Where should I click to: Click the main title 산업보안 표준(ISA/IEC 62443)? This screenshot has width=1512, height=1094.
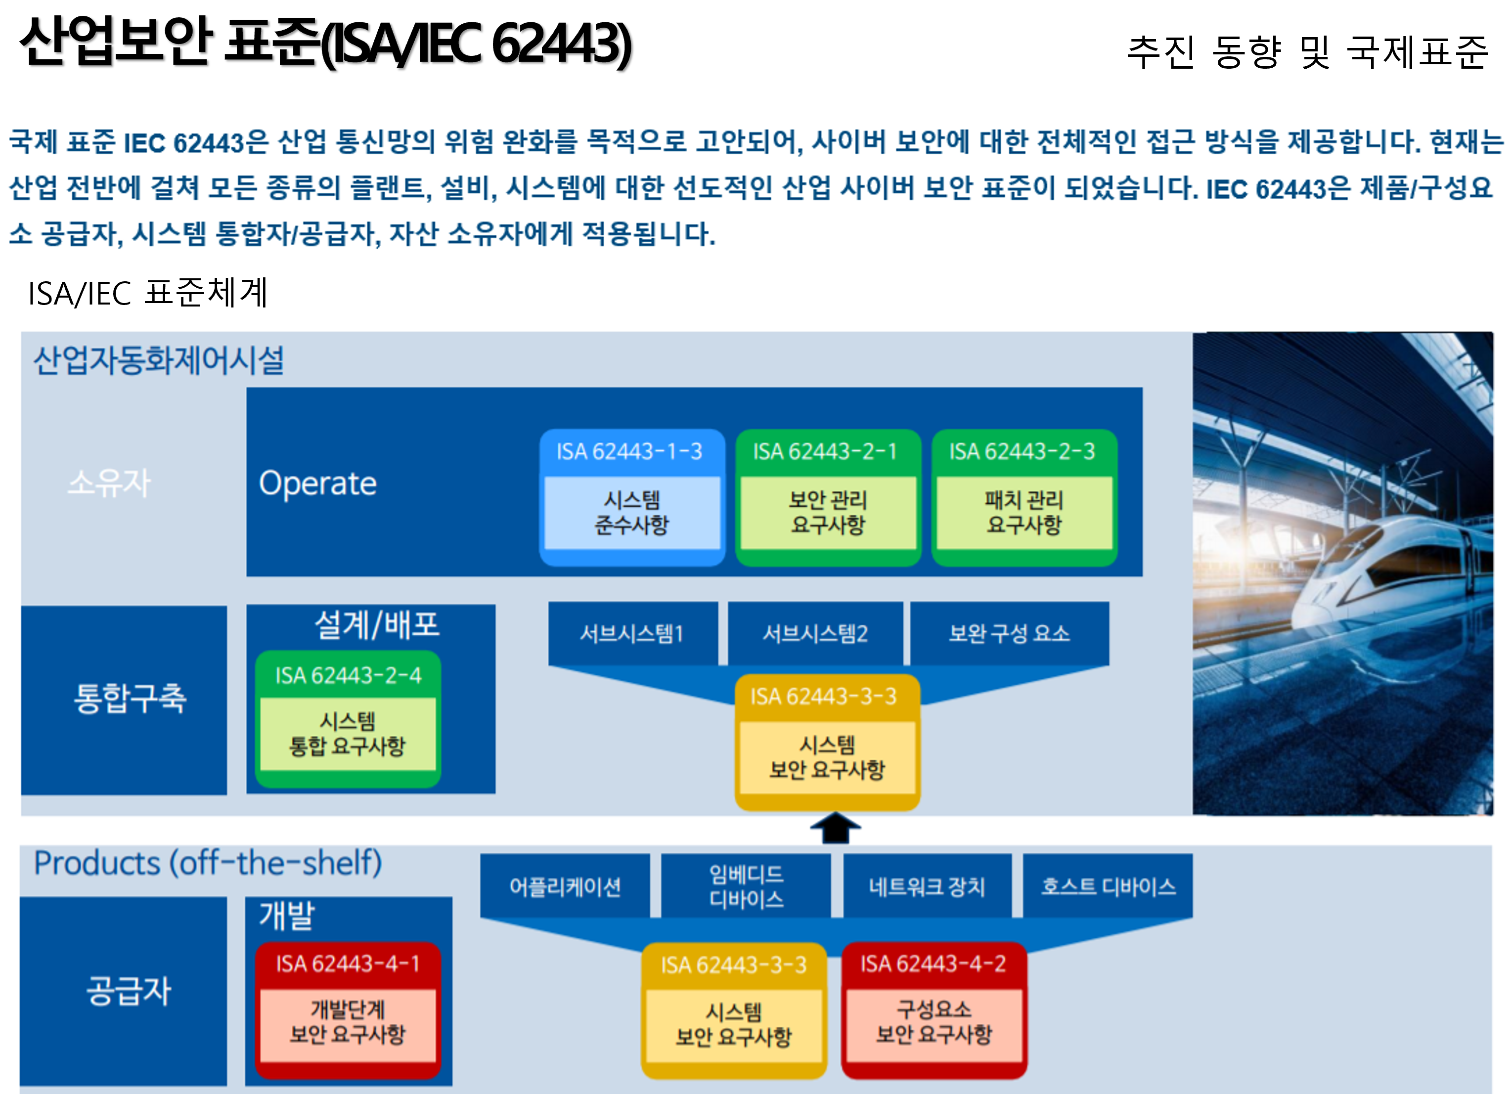(x=326, y=43)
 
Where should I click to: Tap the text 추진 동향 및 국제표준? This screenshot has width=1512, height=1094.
(x=1307, y=52)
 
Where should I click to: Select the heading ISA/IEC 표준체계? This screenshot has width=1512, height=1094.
(x=147, y=293)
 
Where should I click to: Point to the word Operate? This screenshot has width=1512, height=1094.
(x=318, y=483)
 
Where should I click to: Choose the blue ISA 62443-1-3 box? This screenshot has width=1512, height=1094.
(x=631, y=497)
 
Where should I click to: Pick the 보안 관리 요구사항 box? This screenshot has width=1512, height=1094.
(x=828, y=512)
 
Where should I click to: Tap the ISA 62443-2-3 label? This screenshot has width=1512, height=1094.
(x=1022, y=451)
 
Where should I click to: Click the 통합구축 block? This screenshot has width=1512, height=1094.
(x=124, y=700)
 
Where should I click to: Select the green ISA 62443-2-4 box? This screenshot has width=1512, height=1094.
(x=348, y=719)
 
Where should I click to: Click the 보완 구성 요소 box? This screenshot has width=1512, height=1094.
(x=1009, y=633)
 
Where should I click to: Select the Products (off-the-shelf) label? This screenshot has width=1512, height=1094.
(x=208, y=863)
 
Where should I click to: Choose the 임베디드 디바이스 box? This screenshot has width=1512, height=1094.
(x=746, y=886)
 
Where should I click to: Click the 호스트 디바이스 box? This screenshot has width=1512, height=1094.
(x=1108, y=886)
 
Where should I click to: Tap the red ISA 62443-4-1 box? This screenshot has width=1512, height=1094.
(x=348, y=1010)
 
